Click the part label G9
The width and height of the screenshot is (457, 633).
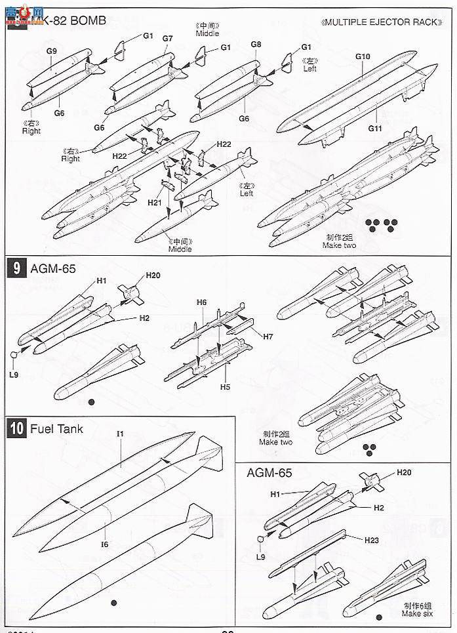[52, 50]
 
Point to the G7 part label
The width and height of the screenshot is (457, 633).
[167, 39]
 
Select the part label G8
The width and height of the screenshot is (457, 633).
[256, 44]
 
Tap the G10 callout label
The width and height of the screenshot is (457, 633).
[363, 56]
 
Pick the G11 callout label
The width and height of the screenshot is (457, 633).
[374, 129]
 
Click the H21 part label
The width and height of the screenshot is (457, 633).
[155, 203]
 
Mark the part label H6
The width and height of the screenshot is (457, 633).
[202, 302]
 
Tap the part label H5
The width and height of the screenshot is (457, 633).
[225, 387]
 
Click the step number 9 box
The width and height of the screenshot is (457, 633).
[14, 270]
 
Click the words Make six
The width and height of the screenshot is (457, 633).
[398, 613]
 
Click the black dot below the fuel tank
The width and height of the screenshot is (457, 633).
[114, 602]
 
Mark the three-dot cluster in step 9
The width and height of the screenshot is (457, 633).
[370, 448]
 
